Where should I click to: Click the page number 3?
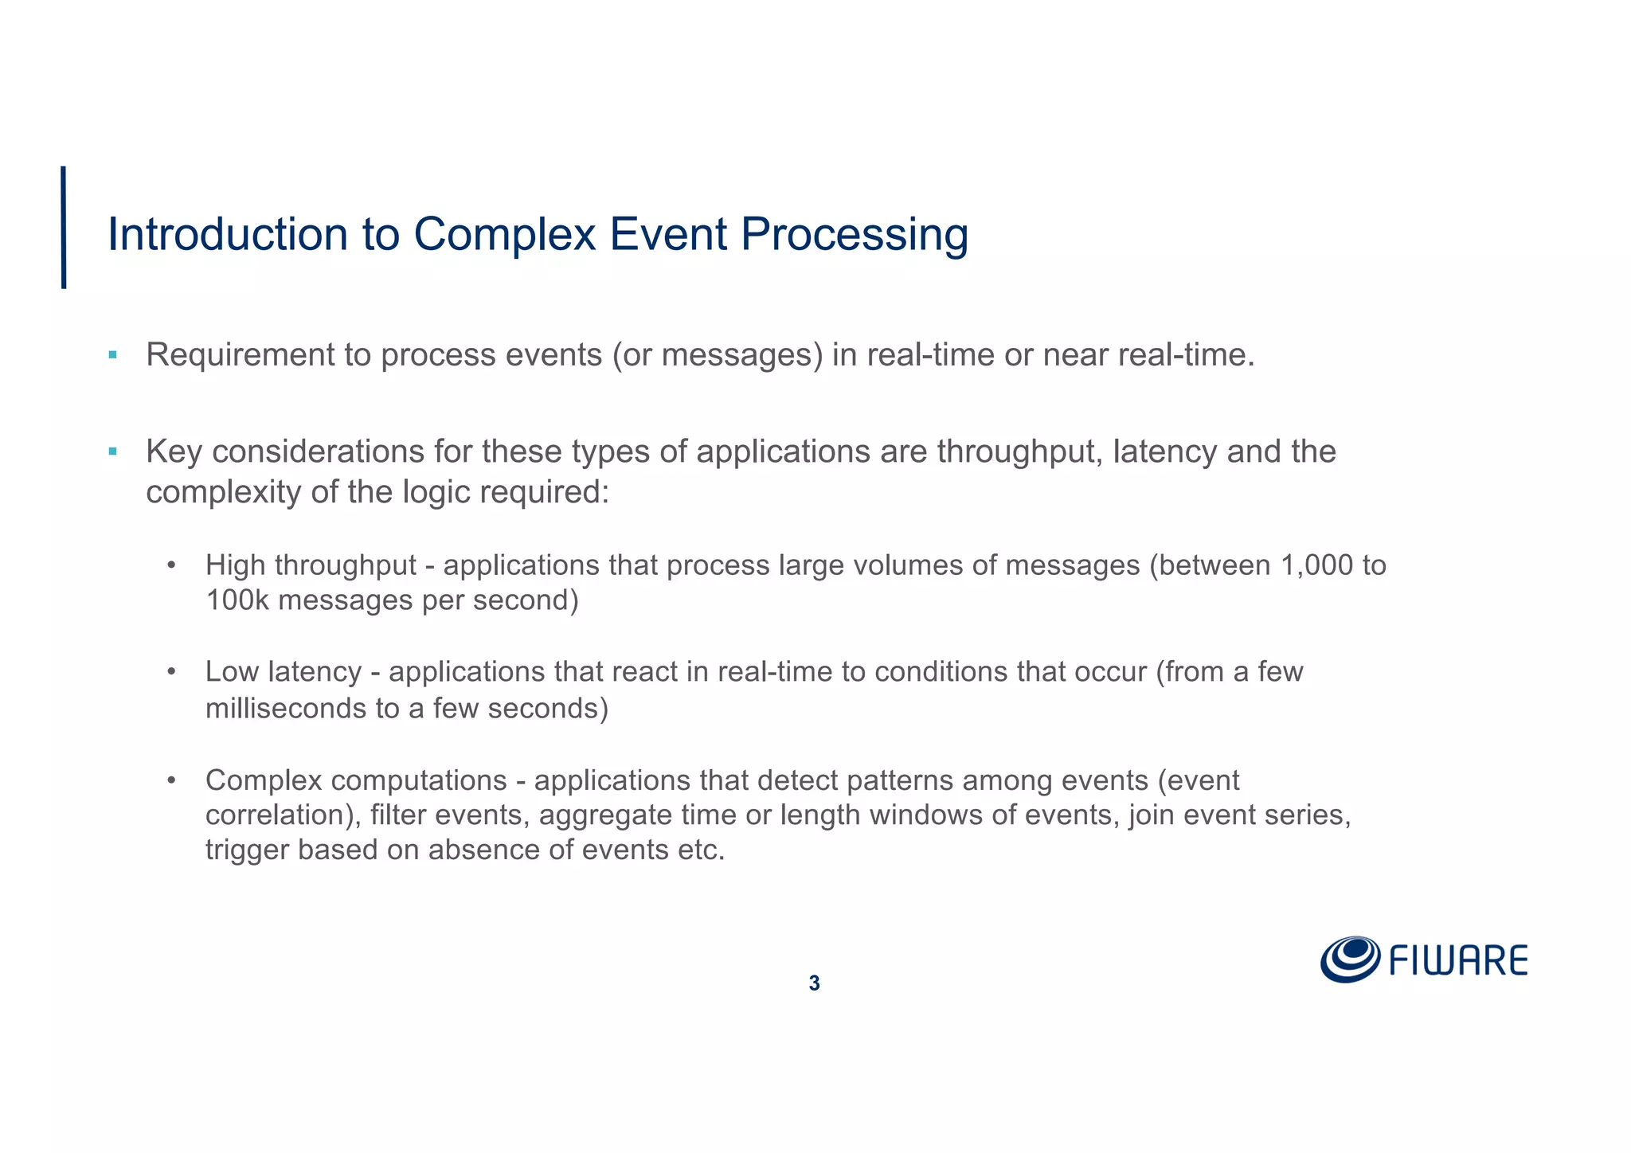click(814, 983)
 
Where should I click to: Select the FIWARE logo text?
click(1458, 961)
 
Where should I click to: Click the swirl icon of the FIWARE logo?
click(1350, 959)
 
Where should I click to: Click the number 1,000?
click(1317, 565)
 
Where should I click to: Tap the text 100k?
click(237, 600)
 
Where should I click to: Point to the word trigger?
click(247, 850)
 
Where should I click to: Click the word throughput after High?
click(346, 566)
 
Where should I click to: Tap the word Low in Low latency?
click(232, 672)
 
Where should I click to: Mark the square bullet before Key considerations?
click(113, 451)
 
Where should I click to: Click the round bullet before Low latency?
click(170, 673)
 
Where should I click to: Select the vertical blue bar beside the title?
click(64, 227)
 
